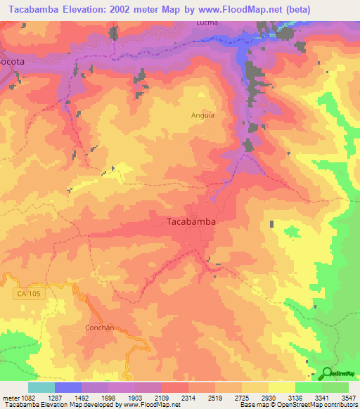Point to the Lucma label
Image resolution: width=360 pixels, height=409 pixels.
tap(207, 22)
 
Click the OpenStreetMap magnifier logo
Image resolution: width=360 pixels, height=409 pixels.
tap(327, 373)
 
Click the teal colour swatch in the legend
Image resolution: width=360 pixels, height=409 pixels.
tap(41, 387)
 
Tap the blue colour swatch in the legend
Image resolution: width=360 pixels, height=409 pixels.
tap(68, 387)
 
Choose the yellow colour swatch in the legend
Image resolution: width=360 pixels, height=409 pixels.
tap(281, 387)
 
